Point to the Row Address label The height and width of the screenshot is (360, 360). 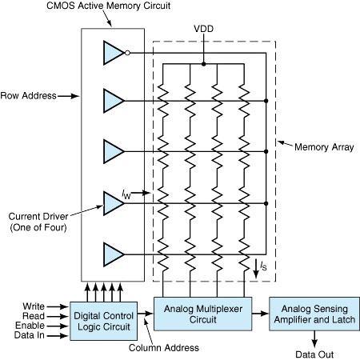point(29,95)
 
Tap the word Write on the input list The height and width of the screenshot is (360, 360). point(34,305)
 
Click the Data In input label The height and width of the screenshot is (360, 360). point(31,336)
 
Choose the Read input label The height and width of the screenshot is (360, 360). point(34,315)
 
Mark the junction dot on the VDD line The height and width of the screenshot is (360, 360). point(203,62)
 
